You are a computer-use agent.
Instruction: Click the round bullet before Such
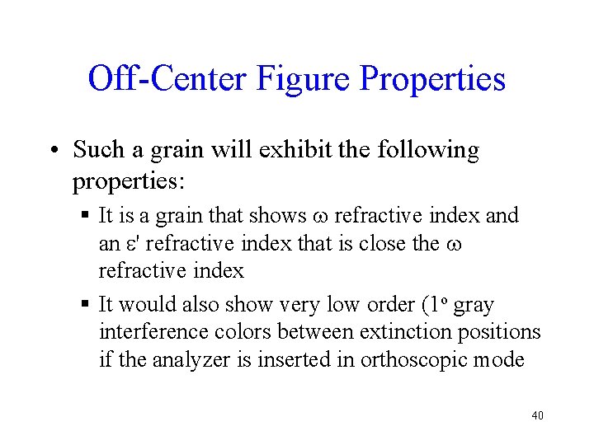tap(53, 152)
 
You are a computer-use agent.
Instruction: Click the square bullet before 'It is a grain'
tap(87, 217)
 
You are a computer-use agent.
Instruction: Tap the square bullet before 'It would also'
tap(87, 306)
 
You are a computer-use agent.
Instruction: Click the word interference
tap(150, 332)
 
